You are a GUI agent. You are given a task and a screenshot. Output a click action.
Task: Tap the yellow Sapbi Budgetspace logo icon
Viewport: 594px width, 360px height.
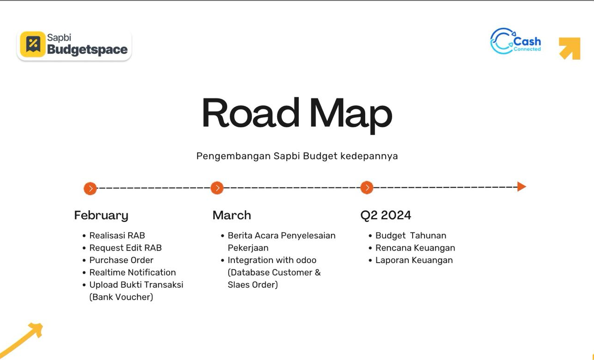click(x=33, y=44)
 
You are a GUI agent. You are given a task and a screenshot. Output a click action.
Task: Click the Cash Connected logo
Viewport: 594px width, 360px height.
click(x=516, y=41)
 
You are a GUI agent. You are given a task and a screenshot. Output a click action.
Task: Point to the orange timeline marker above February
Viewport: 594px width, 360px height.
click(x=90, y=188)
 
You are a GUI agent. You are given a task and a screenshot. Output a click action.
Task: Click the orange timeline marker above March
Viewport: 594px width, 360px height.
click(x=217, y=188)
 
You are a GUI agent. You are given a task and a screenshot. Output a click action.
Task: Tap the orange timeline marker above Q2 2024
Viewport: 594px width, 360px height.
click(x=367, y=187)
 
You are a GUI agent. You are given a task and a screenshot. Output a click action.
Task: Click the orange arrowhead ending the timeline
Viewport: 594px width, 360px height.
click(x=522, y=186)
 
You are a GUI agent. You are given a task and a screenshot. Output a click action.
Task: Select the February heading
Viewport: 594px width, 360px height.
click(x=101, y=215)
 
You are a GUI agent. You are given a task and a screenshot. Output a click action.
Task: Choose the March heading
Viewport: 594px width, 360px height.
click(x=232, y=215)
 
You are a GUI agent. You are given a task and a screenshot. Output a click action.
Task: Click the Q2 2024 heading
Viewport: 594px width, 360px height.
click(x=386, y=215)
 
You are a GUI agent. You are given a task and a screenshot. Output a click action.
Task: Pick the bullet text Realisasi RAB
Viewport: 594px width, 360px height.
click(x=117, y=235)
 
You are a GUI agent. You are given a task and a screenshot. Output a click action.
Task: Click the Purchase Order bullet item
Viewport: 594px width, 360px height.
click(x=121, y=260)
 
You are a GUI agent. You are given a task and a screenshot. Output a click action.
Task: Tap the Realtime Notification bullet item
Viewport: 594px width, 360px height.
click(x=133, y=272)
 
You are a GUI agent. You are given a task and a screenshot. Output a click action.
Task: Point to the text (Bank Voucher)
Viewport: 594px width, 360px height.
click(x=121, y=297)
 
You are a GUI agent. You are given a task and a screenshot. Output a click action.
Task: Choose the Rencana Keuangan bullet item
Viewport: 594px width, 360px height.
click(x=415, y=248)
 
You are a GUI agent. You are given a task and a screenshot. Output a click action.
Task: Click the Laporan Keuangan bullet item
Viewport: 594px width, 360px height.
click(x=414, y=260)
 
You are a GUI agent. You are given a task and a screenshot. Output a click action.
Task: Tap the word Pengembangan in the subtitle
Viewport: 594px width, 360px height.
click(x=233, y=156)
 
